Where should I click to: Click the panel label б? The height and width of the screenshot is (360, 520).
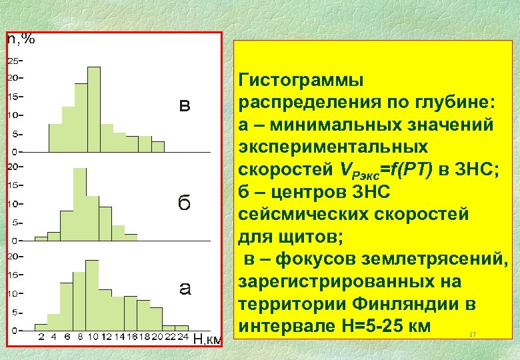[184, 203]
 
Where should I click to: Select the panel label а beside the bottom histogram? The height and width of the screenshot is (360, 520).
[185, 289]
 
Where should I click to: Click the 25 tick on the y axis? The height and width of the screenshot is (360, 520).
[13, 61]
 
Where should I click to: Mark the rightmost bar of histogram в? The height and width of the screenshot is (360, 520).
[158, 146]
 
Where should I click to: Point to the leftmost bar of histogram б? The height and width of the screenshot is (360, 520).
[41, 237]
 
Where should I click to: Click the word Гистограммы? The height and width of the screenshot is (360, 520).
[301, 81]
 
